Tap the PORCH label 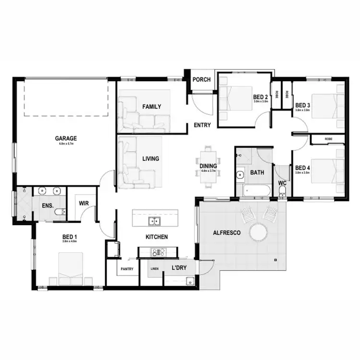click(201, 79)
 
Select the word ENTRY click(202, 125)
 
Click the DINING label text click(208, 167)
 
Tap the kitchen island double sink click(154, 221)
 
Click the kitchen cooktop click(158, 252)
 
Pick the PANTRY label click(127, 269)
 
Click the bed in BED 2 click(235, 98)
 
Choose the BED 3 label click(302, 105)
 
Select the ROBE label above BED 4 click(328, 139)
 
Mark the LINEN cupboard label click(155, 269)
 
